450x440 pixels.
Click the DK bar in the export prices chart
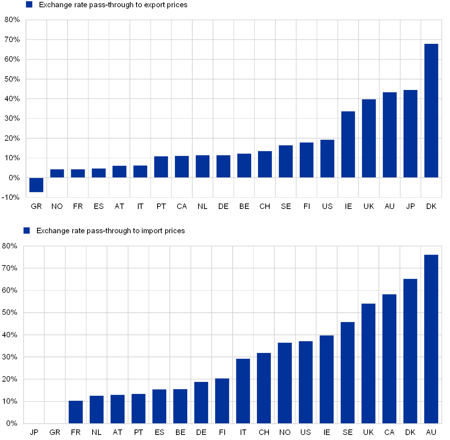click(x=431, y=111)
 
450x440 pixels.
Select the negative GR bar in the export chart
click(x=36, y=185)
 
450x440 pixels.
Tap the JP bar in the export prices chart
click(x=410, y=134)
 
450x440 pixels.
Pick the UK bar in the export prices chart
click(x=369, y=138)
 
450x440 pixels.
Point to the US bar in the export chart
click(x=327, y=159)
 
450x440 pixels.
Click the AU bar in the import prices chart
click(x=431, y=339)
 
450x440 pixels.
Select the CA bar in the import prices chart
click(x=389, y=359)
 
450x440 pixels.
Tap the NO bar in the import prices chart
click(x=285, y=383)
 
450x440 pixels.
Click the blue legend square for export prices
click(x=29, y=4)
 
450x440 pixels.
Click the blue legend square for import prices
click(x=26, y=230)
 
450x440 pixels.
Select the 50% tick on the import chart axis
click(x=10, y=313)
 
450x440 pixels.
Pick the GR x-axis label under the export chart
click(x=36, y=206)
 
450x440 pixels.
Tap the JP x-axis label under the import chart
click(x=34, y=432)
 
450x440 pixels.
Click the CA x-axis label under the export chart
click(x=182, y=206)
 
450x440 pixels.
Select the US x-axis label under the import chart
click(x=306, y=432)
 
